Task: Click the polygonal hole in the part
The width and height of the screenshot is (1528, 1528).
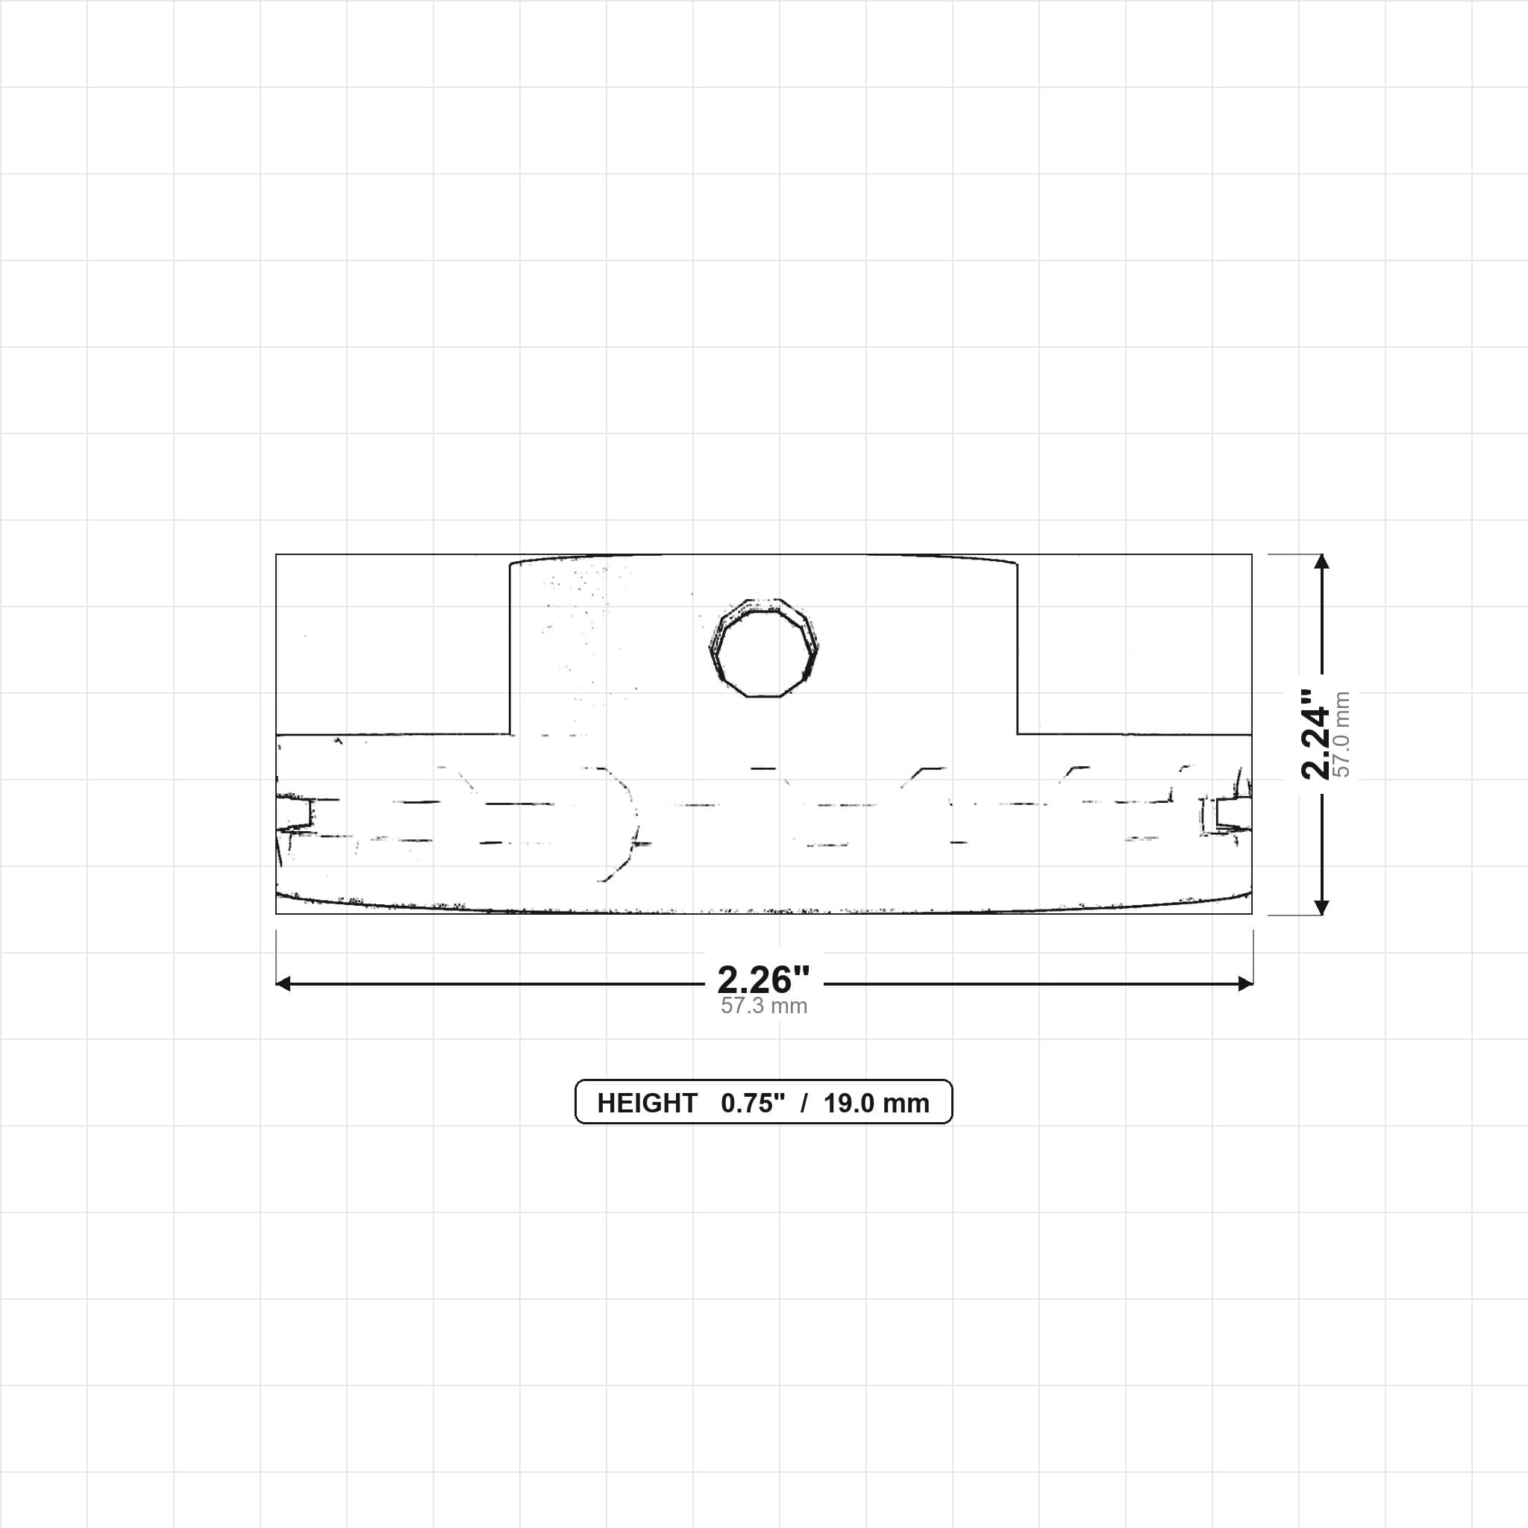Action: (763, 648)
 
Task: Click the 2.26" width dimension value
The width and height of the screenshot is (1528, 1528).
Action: (763, 980)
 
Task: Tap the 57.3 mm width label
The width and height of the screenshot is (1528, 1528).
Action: (763, 1006)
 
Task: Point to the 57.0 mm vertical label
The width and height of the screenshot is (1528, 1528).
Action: (1342, 734)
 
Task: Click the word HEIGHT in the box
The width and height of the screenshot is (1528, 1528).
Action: (647, 1103)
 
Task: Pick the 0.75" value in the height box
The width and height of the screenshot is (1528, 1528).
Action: (753, 1103)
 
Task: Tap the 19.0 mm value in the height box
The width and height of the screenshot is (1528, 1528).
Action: (877, 1103)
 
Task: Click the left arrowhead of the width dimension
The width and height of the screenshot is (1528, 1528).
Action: (283, 984)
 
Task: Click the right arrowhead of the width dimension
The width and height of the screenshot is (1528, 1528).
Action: (1246, 984)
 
